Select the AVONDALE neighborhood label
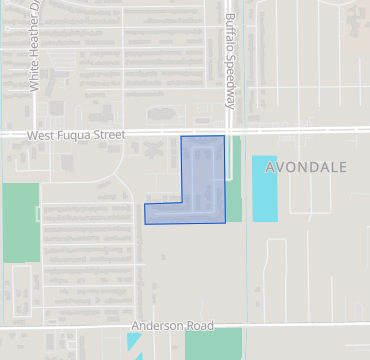(x=306, y=167)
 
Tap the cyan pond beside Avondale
(x=264, y=188)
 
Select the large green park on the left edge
(x=20, y=222)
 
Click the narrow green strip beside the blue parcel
(x=236, y=160)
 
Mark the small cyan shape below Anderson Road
(x=134, y=342)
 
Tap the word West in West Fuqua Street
(x=42, y=135)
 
